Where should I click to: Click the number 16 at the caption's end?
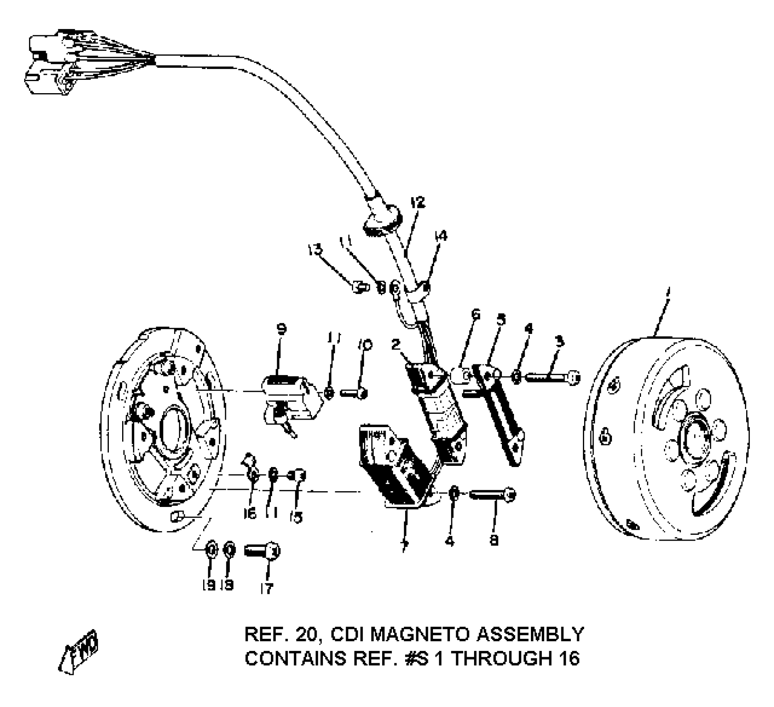point(568,658)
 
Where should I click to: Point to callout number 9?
point(281,329)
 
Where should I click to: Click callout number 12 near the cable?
point(418,203)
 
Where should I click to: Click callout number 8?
point(494,541)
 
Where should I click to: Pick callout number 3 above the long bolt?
point(560,342)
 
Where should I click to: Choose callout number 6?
point(476,314)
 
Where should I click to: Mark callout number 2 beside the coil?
point(396,344)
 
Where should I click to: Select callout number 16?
point(250,514)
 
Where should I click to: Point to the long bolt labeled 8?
point(492,495)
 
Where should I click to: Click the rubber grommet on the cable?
point(382,220)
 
